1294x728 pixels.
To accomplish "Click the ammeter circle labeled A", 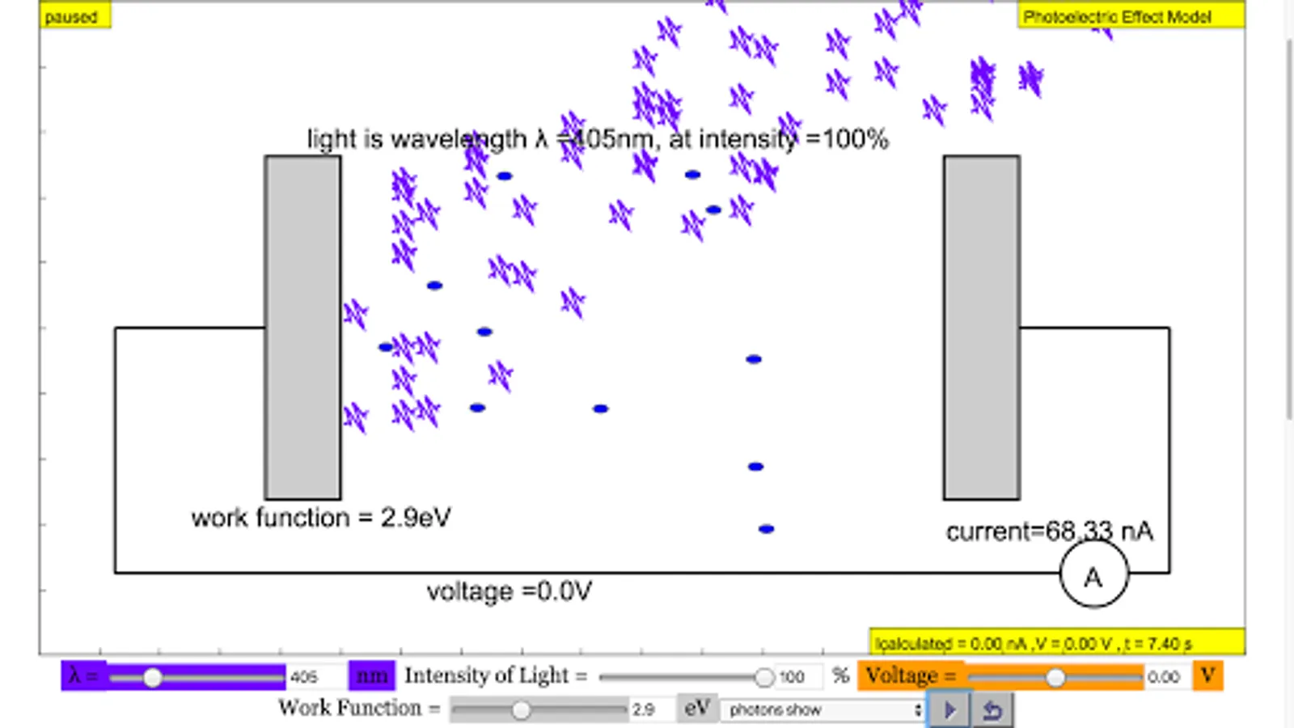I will (x=1093, y=575).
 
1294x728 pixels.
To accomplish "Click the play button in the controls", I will (x=949, y=710).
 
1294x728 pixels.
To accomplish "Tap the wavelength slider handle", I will (x=152, y=677).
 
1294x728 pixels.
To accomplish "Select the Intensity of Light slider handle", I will (x=763, y=677).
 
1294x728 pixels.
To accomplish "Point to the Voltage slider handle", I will (x=1055, y=677).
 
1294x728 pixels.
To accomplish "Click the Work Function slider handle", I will (x=521, y=710).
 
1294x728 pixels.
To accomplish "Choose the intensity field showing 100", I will (x=796, y=677).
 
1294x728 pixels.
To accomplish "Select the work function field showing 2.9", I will (x=649, y=710).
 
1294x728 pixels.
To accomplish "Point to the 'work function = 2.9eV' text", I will (x=320, y=518).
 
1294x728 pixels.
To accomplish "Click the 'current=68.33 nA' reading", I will (x=1049, y=531).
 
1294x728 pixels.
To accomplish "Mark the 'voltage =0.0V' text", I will (x=509, y=591).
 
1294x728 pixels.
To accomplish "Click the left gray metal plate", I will (x=302, y=327).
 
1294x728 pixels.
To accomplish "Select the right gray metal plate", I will (x=981, y=327).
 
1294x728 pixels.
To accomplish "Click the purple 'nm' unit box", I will (x=371, y=676).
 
